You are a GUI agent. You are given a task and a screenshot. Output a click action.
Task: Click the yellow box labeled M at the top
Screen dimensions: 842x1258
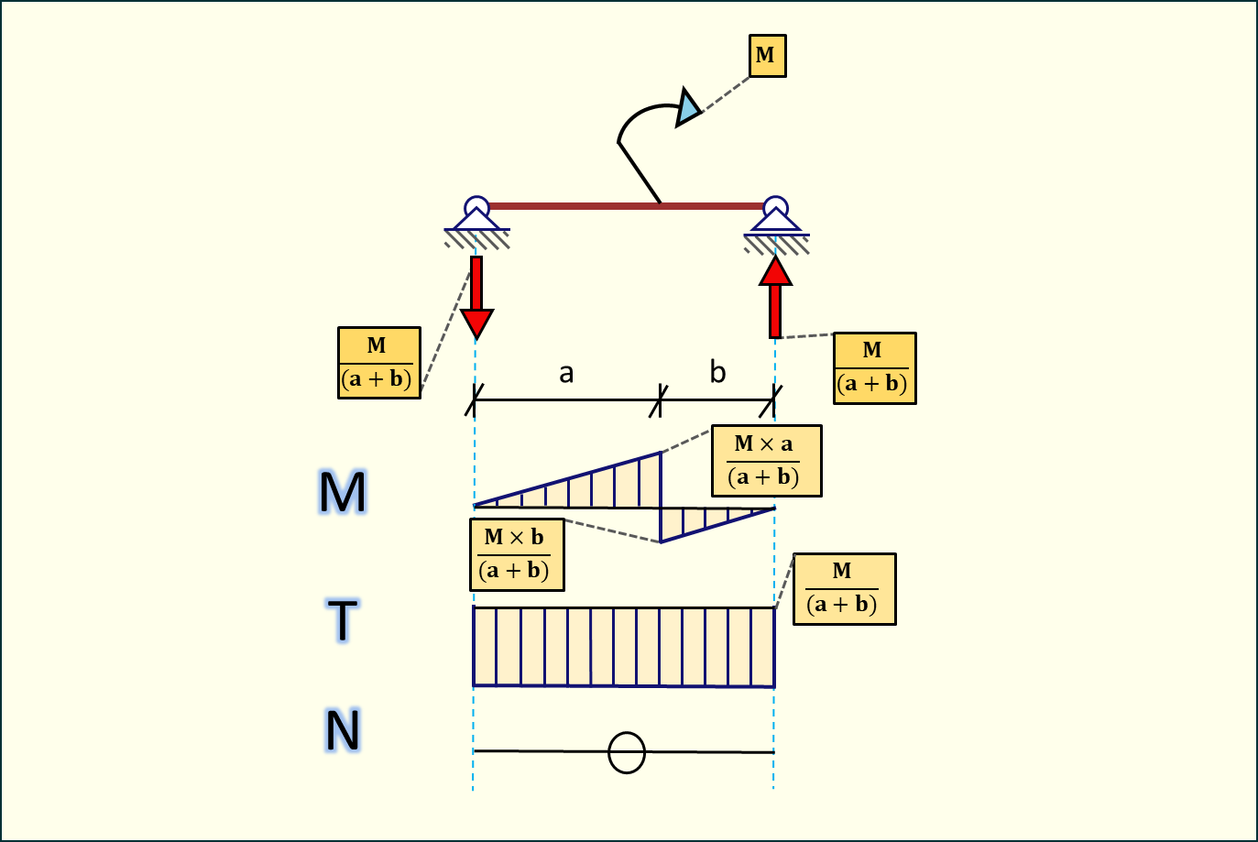(767, 56)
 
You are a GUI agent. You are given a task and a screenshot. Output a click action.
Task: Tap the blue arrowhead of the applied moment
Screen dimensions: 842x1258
(687, 107)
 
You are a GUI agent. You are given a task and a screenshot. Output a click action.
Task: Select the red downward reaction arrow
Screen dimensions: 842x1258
(476, 298)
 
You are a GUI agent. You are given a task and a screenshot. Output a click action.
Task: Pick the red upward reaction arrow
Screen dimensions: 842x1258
(775, 298)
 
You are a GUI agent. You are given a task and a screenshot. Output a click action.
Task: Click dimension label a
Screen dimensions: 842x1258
(566, 373)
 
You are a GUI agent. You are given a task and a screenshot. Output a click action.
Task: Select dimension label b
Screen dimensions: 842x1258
(717, 372)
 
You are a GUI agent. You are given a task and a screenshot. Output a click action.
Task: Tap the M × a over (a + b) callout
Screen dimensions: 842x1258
(766, 461)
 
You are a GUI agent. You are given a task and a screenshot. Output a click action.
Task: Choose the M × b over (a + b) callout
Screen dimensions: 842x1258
(516, 554)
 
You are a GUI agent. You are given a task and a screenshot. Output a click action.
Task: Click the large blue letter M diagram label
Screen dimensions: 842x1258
(343, 492)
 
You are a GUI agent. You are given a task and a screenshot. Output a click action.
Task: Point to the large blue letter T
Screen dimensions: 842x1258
(343, 620)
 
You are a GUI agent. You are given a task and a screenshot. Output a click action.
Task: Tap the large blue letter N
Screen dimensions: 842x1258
(343, 731)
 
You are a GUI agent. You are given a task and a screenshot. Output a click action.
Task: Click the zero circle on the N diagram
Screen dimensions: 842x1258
(627, 753)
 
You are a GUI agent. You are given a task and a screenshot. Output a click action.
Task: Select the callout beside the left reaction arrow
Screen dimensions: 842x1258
(379, 363)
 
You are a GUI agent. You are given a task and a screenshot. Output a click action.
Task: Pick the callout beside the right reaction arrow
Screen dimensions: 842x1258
(874, 368)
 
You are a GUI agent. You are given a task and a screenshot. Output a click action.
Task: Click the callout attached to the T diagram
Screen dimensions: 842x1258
(844, 589)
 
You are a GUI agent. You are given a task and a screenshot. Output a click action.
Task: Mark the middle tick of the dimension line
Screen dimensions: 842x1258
(660, 400)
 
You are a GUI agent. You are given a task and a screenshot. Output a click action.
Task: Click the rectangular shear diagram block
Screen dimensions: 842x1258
(624, 647)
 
